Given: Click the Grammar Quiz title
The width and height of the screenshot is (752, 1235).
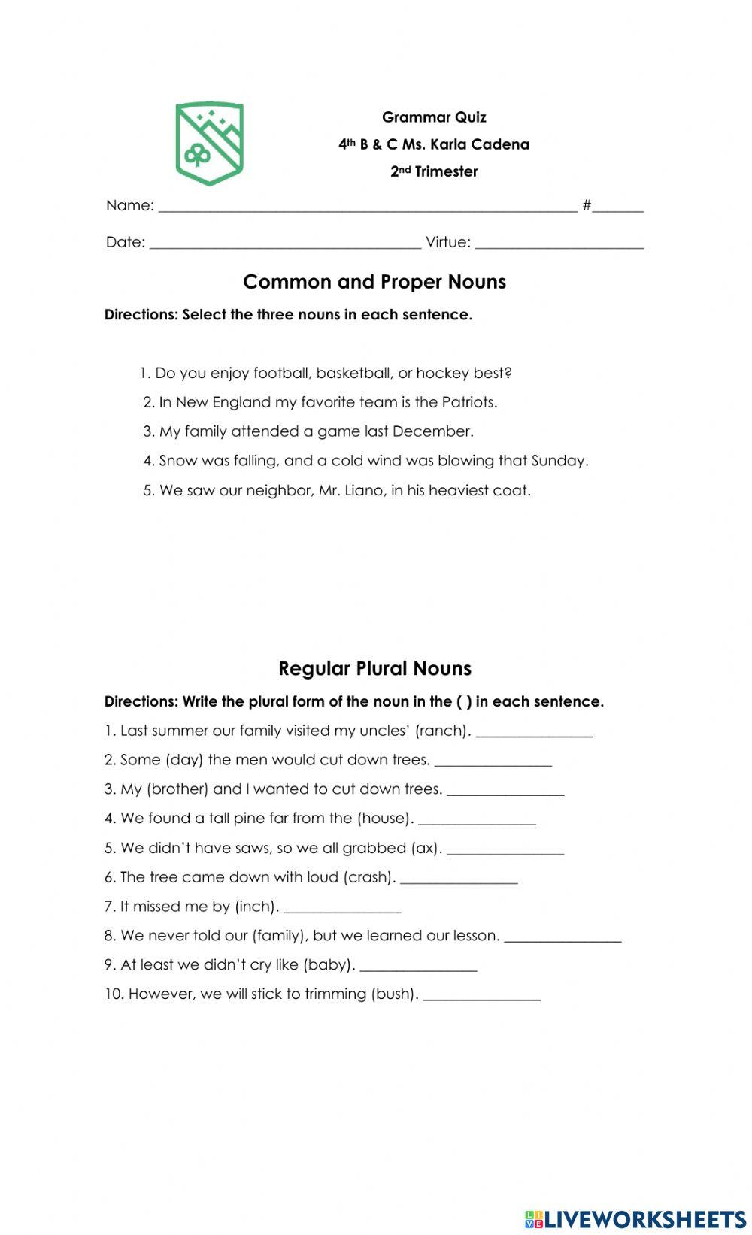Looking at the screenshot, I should pos(434,117).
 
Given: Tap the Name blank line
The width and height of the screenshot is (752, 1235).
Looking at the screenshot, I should pos(368,207).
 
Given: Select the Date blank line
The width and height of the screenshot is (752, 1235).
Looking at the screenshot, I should pos(285,243).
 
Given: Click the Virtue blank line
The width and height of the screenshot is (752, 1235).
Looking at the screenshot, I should pos(559,243).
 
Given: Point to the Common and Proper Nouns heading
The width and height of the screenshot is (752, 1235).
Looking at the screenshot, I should pos(374,282).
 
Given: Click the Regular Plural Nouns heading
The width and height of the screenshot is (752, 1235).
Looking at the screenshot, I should pos(374,668).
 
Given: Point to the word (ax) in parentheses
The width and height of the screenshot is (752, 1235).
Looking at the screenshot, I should pos(426,848).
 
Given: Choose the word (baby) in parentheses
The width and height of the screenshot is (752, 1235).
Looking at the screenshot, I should pos(329,964).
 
